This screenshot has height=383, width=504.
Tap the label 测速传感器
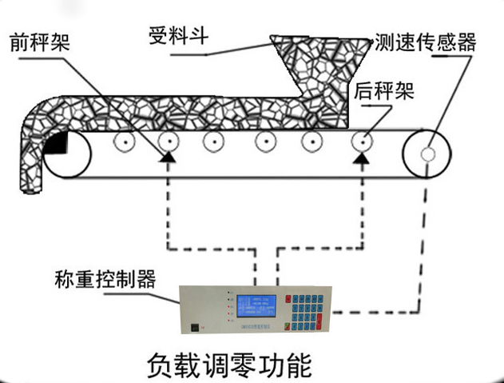point(425,42)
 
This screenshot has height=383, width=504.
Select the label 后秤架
point(383,90)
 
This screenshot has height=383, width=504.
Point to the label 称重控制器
point(105,279)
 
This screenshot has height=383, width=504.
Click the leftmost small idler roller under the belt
point(123,143)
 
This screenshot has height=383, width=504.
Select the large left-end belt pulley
point(65,154)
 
